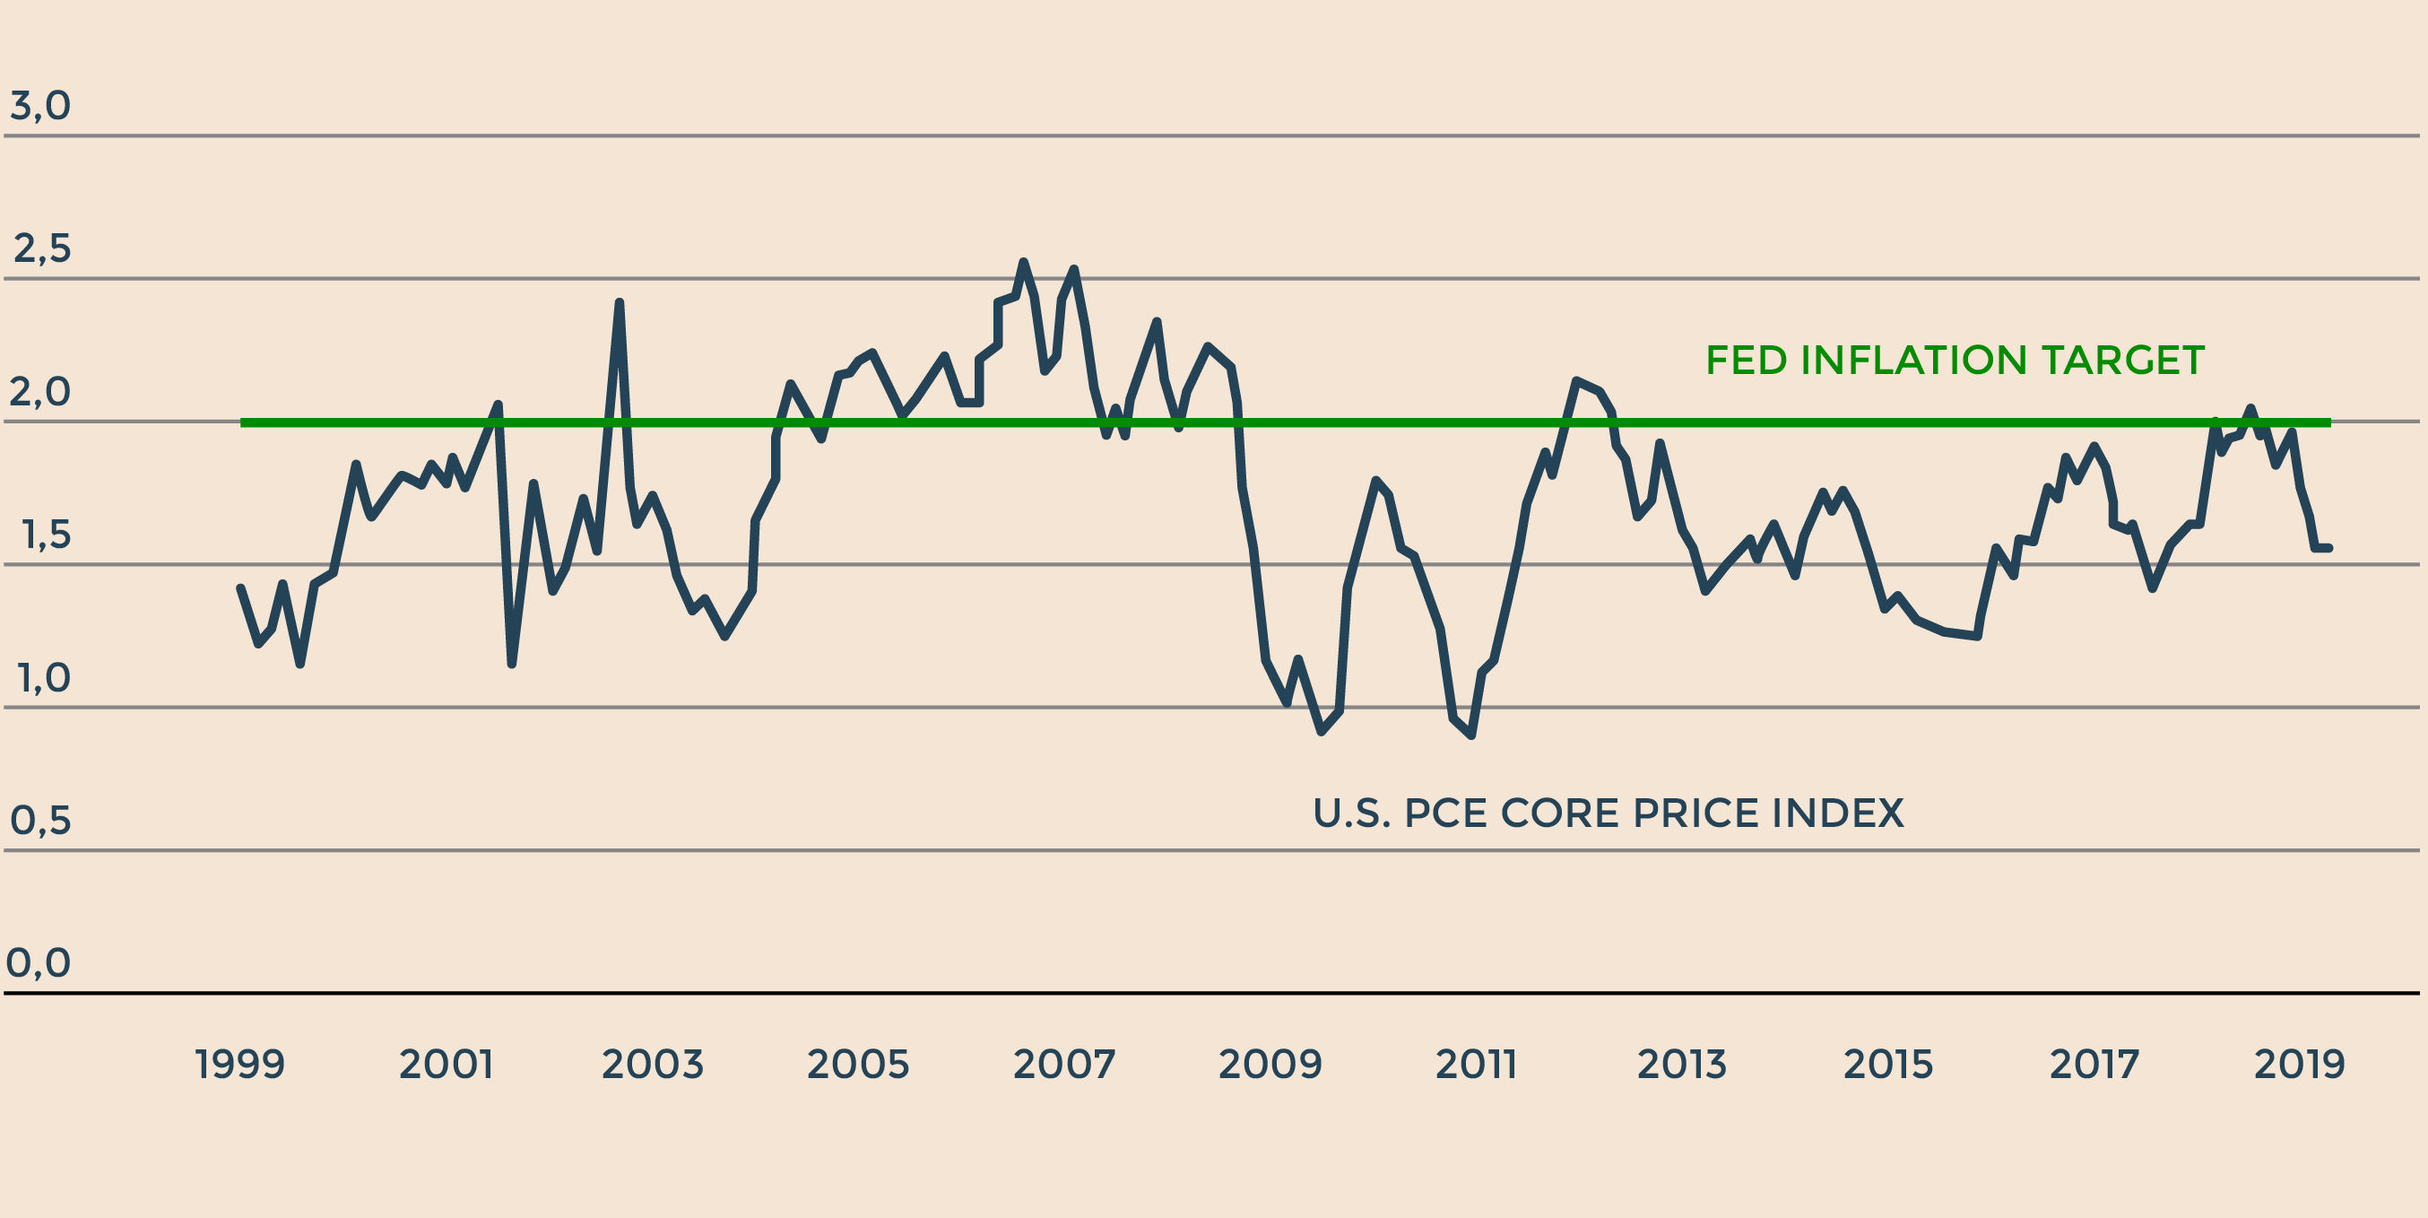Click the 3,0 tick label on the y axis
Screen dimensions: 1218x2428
pyautogui.click(x=40, y=106)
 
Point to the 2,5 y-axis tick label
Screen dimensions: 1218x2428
pyautogui.click(x=42, y=248)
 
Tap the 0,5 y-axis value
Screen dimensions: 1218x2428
pyautogui.click(x=40, y=821)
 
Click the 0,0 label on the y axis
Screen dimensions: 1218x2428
pyautogui.click(x=39, y=963)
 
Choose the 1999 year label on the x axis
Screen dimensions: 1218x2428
pyautogui.click(x=239, y=1066)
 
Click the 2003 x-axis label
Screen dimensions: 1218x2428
pyautogui.click(x=652, y=1066)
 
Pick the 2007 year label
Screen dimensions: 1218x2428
pyautogui.click(x=1064, y=1066)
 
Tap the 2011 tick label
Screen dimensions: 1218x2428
pyautogui.click(x=1476, y=1066)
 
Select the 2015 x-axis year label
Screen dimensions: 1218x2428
pyautogui.click(x=1888, y=1066)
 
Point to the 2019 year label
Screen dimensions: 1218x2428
pyautogui.click(x=2299, y=1066)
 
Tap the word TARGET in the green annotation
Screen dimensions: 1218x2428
pyautogui.click(x=2122, y=361)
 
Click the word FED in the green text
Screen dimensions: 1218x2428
pyautogui.click(x=1747, y=361)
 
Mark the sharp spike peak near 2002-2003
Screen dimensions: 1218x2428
pyautogui.click(x=620, y=302)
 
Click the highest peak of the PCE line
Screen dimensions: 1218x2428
pyautogui.click(x=1024, y=262)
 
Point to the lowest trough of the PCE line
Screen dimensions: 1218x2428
pyautogui.click(x=1471, y=735)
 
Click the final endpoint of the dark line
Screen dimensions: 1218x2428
pyautogui.click(x=2329, y=548)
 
